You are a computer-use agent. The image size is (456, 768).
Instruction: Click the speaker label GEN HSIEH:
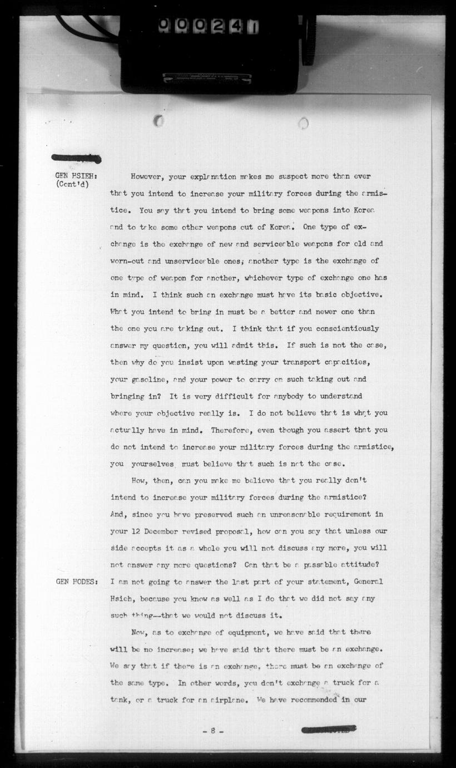click(x=77, y=176)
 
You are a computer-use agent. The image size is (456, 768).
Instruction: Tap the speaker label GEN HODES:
click(x=77, y=582)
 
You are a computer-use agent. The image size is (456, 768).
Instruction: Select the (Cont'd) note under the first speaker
click(x=73, y=185)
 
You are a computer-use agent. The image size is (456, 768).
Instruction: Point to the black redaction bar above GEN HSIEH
click(x=76, y=159)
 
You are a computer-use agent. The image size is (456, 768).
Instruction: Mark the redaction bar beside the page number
click(x=328, y=730)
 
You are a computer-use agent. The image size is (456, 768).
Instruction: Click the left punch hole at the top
click(x=158, y=120)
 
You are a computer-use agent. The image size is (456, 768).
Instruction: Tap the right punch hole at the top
click(x=303, y=122)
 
